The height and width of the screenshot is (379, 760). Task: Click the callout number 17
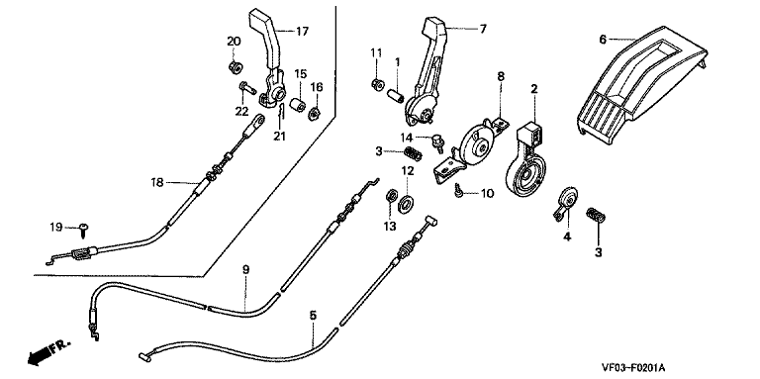302,32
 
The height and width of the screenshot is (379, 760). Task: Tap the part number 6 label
603,40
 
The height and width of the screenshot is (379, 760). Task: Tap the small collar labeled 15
297,105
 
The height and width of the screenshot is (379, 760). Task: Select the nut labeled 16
315,114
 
